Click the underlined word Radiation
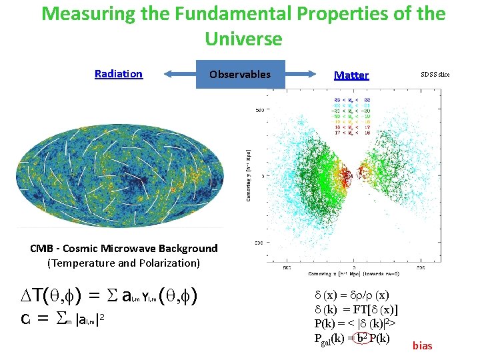click(119, 74)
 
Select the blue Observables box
click(240, 74)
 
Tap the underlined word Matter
click(351, 75)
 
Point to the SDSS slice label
click(434, 74)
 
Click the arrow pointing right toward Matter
click(307, 74)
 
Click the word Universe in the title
click(243, 39)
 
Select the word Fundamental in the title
click(221, 13)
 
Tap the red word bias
click(423, 345)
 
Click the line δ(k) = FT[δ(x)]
click(356, 309)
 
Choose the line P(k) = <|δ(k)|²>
click(356, 323)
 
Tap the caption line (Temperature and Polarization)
click(124, 263)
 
